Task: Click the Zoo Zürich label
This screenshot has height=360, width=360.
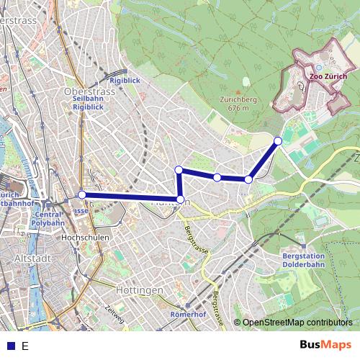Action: pyautogui.click(x=328, y=76)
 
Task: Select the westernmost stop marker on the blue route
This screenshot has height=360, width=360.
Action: pyautogui.click(x=82, y=194)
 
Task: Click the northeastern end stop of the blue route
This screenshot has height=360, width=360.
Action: pyautogui.click(x=278, y=140)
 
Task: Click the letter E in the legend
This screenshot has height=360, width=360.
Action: pyautogui.click(x=25, y=346)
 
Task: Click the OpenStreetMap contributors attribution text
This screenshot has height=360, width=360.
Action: pyautogui.click(x=297, y=323)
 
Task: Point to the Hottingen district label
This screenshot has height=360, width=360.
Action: pyautogui.click(x=138, y=289)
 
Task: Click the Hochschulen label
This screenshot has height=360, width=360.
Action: pyautogui.click(x=84, y=237)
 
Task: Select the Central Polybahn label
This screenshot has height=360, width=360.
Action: pyautogui.click(x=49, y=219)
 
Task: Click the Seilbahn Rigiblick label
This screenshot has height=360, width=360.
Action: pyautogui.click(x=88, y=102)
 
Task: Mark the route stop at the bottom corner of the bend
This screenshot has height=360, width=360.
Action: pyautogui.click(x=180, y=199)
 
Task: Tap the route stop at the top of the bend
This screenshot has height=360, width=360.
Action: pyautogui.click(x=179, y=170)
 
